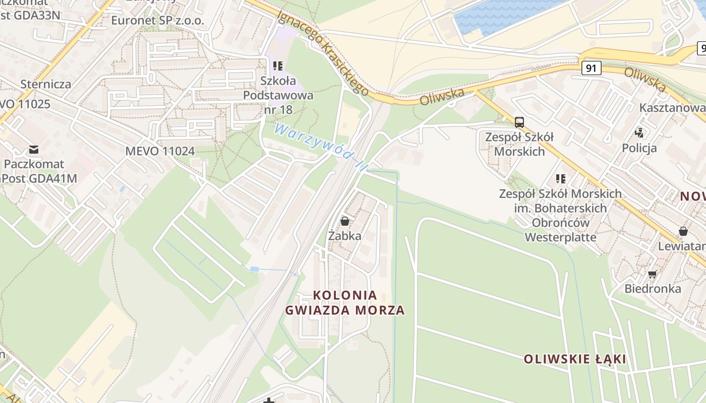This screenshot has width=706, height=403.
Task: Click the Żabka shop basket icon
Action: (345, 221)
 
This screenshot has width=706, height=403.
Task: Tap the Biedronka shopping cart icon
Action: (653, 275)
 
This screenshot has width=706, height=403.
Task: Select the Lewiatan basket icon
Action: (683, 231)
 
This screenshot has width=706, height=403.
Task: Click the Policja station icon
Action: (639, 133)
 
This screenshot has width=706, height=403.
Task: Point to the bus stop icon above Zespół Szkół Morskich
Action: (519, 122)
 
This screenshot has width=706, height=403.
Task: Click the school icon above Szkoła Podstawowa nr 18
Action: (278, 66)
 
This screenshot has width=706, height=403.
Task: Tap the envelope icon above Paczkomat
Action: (34, 149)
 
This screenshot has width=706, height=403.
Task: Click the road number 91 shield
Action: (591, 68)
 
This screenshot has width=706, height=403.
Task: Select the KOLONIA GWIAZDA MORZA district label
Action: (345, 303)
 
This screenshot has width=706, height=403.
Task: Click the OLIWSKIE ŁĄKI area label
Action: (574, 359)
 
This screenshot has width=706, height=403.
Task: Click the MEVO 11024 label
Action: (160, 151)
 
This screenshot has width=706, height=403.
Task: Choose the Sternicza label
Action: (46, 84)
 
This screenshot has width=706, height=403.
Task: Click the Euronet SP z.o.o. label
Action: (157, 21)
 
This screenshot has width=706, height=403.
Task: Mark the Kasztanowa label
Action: (672, 108)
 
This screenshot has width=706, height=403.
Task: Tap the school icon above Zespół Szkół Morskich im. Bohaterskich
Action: (560, 179)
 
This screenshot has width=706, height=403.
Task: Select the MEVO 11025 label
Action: (25, 104)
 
